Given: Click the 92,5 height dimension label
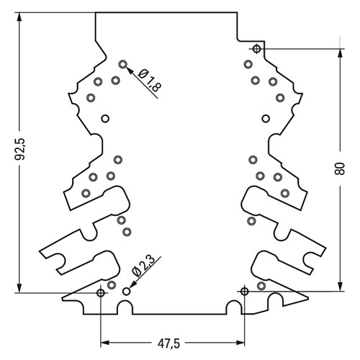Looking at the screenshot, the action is [20, 149].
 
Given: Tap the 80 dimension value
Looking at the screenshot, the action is [340, 168].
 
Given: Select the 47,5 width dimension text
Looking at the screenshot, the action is [168, 343].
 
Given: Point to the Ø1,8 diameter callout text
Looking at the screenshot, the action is [150, 81].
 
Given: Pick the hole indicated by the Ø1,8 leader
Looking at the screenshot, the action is [123, 64].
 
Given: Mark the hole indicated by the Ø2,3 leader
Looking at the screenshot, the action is [126, 292].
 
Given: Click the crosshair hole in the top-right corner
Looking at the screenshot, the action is [257, 49].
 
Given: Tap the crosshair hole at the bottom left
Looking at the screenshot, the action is [101, 293].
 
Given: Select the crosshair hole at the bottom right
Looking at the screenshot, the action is [244, 292].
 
